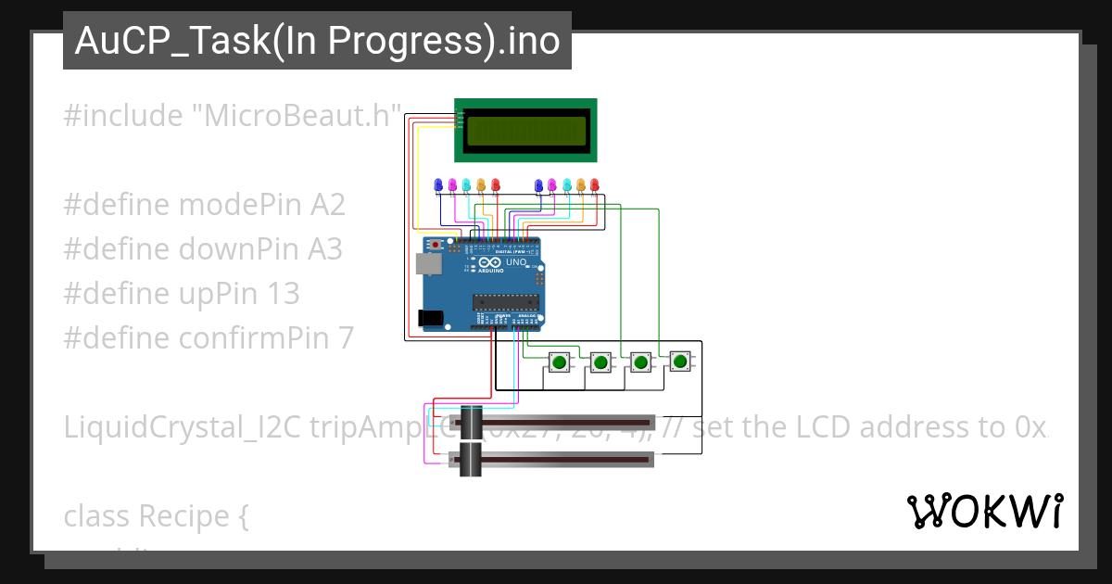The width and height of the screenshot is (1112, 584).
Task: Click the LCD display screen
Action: [x=526, y=131]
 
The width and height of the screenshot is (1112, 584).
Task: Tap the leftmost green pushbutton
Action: [x=560, y=362]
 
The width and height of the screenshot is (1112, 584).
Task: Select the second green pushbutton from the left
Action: [x=600, y=362]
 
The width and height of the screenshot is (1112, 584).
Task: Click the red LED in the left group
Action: [x=495, y=184]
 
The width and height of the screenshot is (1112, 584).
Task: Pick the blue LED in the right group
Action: [x=538, y=184]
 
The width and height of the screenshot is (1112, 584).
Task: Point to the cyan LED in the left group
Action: [x=466, y=184]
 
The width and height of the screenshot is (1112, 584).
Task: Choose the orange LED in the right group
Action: [x=581, y=184]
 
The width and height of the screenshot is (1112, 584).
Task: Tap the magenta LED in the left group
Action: [x=452, y=184]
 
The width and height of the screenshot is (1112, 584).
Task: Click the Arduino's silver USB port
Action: [x=427, y=264]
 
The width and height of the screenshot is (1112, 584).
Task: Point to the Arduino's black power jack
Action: [x=429, y=318]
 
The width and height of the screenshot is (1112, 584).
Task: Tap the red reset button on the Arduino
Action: [x=436, y=245]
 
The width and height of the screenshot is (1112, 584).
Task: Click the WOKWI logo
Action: [x=984, y=512]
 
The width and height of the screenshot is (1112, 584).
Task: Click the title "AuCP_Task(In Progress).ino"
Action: [x=317, y=41]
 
